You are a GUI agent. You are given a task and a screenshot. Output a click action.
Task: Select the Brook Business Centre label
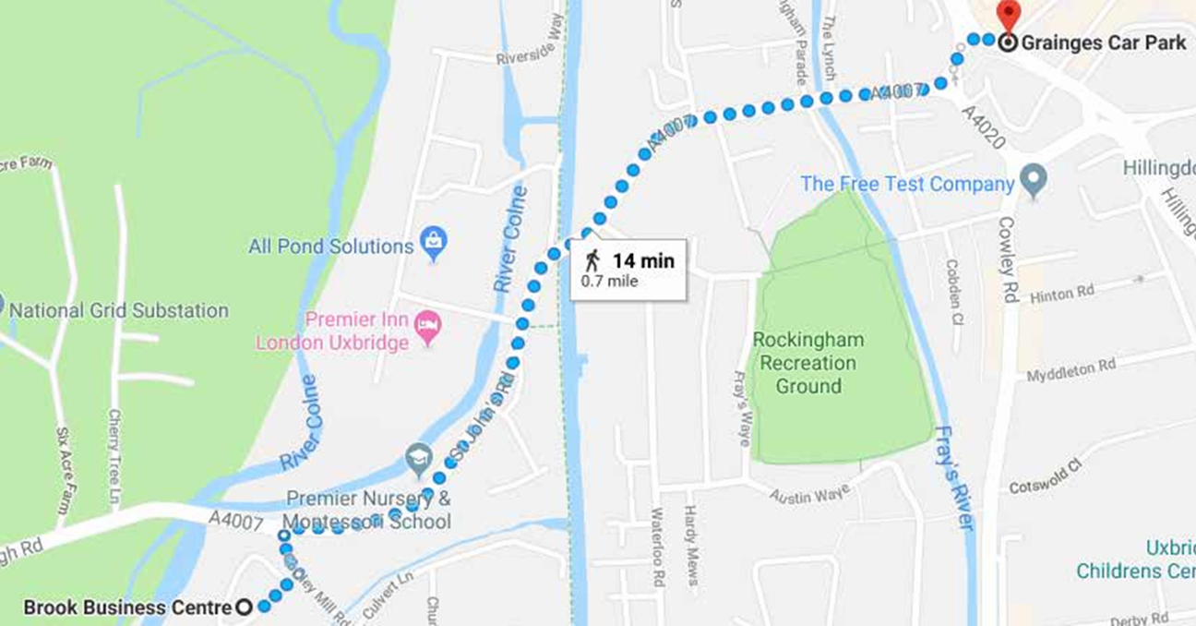[x=127, y=608]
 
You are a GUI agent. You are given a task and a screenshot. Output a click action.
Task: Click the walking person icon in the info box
[x=592, y=260]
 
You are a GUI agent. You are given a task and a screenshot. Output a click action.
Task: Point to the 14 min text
[x=643, y=261]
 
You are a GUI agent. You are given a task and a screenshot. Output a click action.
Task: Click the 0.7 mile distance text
[x=609, y=282]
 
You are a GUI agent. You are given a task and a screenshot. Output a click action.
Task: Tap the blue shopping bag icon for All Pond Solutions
[x=433, y=243]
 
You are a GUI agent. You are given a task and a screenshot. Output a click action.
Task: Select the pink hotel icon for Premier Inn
[x=427, y=324]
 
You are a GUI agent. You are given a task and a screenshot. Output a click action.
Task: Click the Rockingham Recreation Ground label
[x=808, y=363]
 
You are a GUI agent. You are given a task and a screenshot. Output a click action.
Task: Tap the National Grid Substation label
[x=119, y=310]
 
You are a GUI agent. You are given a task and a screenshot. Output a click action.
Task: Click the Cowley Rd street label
[x=1007, y=259]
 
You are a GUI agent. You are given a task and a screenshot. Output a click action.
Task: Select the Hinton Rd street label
[x=1061, y=293]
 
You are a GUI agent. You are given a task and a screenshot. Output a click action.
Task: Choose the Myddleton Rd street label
[x=1071, y=370]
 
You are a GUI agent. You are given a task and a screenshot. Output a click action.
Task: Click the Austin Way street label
[x=809, y=494]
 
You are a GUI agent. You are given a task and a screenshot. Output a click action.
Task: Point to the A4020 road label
[x=983, y=126]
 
